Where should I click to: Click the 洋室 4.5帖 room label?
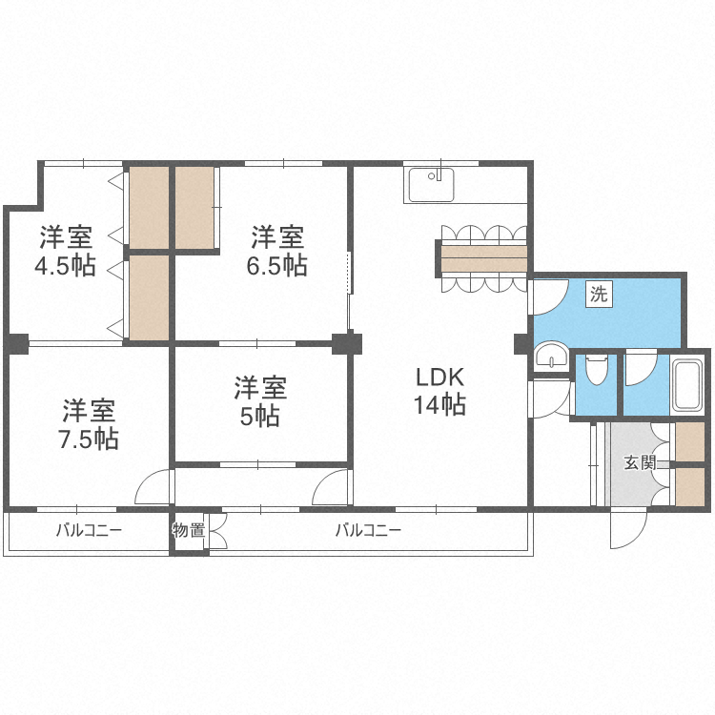pyautogui.click(x=66, y=251)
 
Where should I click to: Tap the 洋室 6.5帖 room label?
pyautogui.click(x=277, y=251)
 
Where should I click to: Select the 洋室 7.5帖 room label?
pyautogui.click(x=90, y=425)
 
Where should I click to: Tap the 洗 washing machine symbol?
pyautogui.click(x=598, y=295)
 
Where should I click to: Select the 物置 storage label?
pyautogui.click(x=189, y=531)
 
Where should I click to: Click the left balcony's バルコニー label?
pyautogui.click(x=88, y=531)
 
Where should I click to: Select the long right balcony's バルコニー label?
pyautogui.click(x=368, y=531)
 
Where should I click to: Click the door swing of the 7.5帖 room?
pyautogui.click(x=153, y=488)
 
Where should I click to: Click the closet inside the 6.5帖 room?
pyautogui.click(x=194, y=208)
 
